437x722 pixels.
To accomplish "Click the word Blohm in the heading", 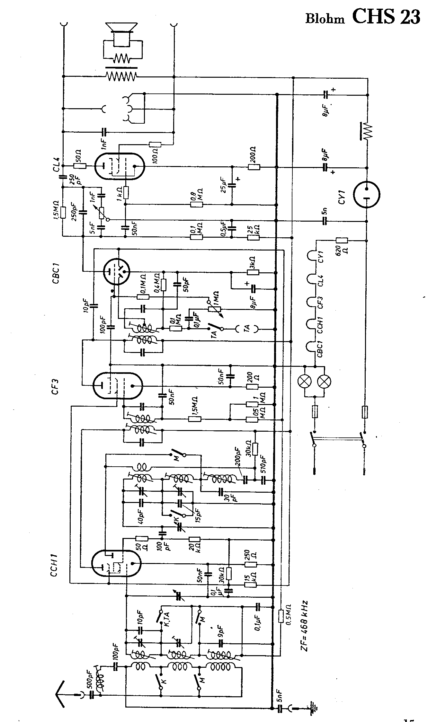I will [x=325, y=19].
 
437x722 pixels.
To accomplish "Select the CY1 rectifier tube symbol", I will [x=366, y=194].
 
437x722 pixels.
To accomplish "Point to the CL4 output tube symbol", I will [x=119, y=166].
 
